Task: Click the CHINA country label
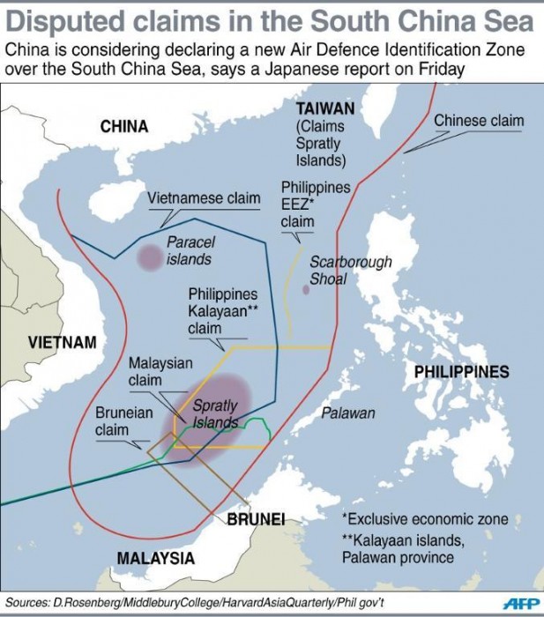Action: coord(123,127)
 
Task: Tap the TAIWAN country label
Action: coord(325,108)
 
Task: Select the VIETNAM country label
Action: coord(61,342)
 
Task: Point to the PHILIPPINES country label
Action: coord(461,372)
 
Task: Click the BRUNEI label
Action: coord(255,518)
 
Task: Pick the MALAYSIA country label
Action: coord(156,558)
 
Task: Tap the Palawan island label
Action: coord(347,413)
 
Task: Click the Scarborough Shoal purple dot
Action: coord(306,290)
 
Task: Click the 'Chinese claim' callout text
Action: coord(479,121)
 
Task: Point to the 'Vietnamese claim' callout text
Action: coord(204,198)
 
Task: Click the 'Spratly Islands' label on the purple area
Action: coord(215,414)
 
